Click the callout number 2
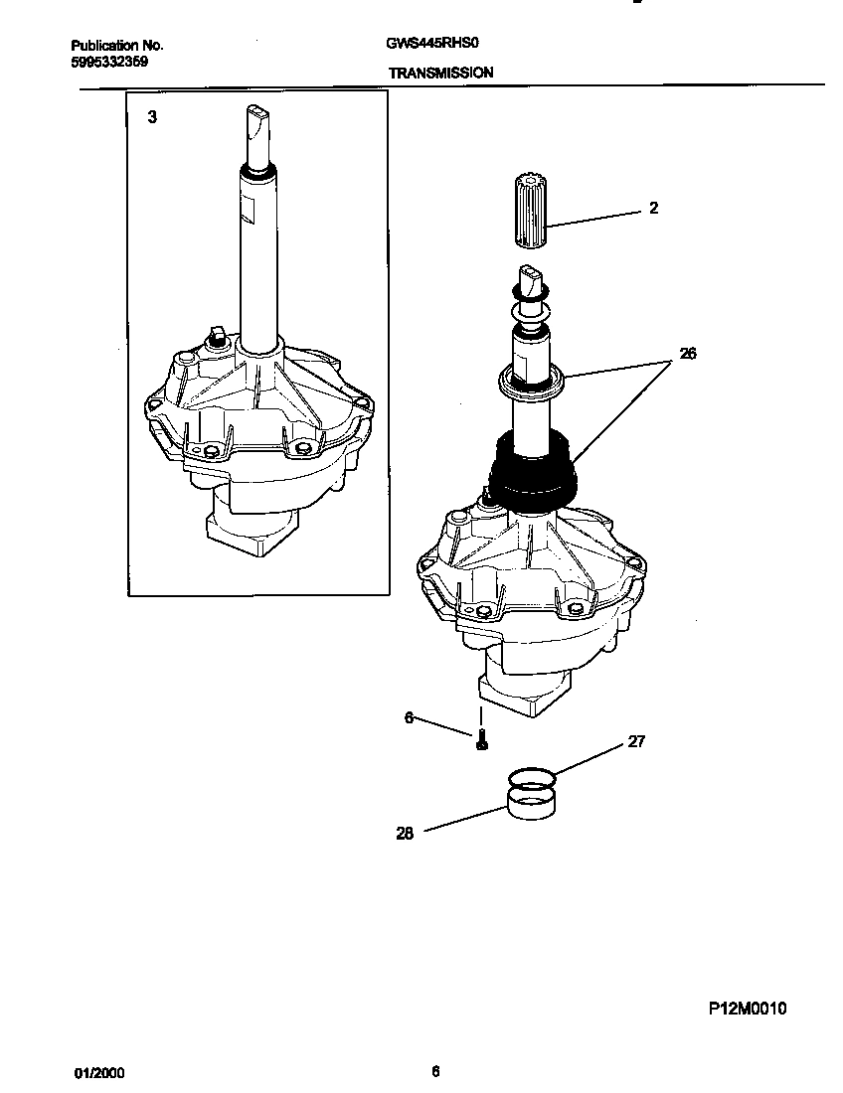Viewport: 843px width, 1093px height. (653, 208)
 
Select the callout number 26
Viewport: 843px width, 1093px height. (687, 353)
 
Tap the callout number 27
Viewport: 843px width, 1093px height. (636, 741)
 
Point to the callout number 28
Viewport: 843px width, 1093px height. (405, 834)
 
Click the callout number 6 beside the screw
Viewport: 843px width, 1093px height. (409, 717)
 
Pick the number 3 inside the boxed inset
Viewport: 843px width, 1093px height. (152, 117)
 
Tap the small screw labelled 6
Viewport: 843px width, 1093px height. (481, 739)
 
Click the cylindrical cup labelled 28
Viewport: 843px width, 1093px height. (530, 801)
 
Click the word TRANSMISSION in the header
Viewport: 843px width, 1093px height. (440, 73)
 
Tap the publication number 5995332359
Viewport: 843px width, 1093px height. (109, 61)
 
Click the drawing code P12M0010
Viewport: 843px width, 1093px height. (748, 1009)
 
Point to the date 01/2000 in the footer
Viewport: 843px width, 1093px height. (100, 1074)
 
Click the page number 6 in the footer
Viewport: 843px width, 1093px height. (435, 1071)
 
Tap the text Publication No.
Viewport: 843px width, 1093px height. (117, 46)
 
